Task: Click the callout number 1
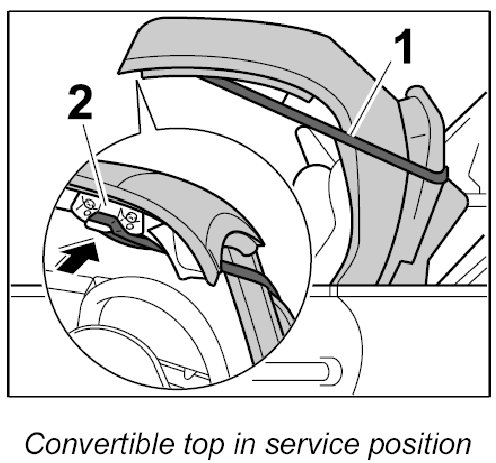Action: [403, 47]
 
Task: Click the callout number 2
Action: [80, 102]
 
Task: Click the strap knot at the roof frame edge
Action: [441, 175]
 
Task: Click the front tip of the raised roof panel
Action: [119, 71]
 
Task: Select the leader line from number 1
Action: [369, 98]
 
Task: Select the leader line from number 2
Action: [94, 163]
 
